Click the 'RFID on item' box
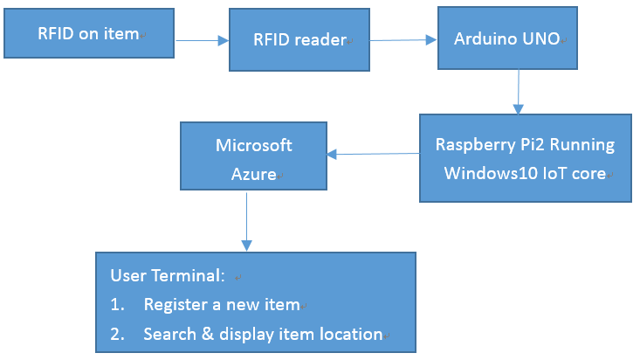(x=88, y=34)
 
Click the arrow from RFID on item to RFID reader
(x=203, y=39)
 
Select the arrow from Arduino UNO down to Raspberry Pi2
(x=519, y=92)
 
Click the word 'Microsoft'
(x=253, y=145)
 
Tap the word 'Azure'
(x=253, y=173)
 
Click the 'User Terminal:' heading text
(x=167, y=276)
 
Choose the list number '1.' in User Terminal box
(x=116, y=305)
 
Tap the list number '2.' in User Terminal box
(x=116, y=334)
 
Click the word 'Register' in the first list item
(x=173, y=305)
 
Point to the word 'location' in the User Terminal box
(x=352, y=334)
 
